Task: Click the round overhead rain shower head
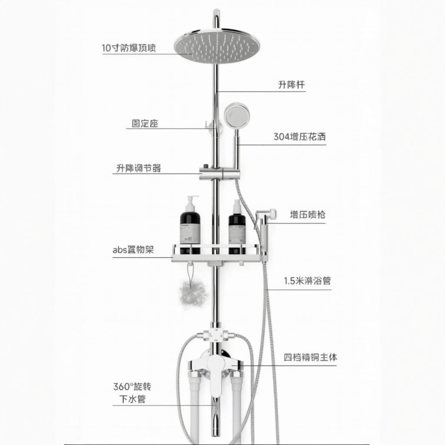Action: [217, 46]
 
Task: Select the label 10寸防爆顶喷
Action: [129, 48]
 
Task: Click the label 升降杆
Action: [291, 85]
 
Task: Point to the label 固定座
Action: [145, 123]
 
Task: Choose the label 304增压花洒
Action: [299, 137]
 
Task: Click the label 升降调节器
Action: [138, 168]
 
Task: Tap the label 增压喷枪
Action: [308, 214]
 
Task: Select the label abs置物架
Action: [133, 250]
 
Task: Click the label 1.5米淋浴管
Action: [307, 281]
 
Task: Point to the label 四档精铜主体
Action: [310, 358]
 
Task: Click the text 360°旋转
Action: [132, 386]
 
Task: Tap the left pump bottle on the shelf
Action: [190, 225]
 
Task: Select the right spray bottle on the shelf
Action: [237, 226]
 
